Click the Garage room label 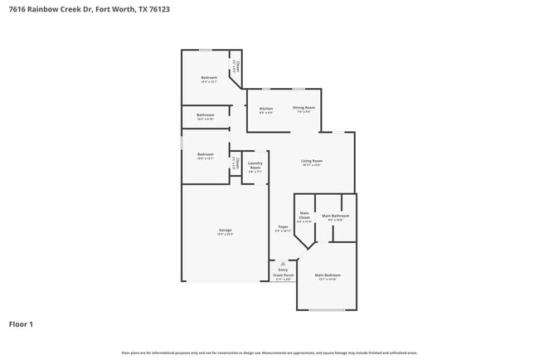pyautogui.click(x=225, y=230)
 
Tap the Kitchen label pyautogui.click(x=266, y=109)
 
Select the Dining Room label pyautogui.click(x=303, y=108)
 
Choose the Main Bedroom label pyautogui.click(x=327, y=275)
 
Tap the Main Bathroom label pyautogui.click(x=336, y=216)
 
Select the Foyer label pyautogui.click(x=283, y=226)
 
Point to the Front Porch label pyautogui.click(x=284, y=275)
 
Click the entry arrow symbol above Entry pyautogui.click(x=283, y=263)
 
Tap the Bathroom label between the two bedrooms pyautogui.click(x=206, y=114)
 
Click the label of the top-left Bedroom pyautogui.click(x=208, y=78)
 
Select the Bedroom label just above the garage pyautogui.click(x=206, y=154)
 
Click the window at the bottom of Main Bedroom pyautogui.click(x=327, y=310)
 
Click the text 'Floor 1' pyautogui.click(x=21, y=324)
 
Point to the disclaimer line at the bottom pyautogui.click(x=269, y=353)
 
